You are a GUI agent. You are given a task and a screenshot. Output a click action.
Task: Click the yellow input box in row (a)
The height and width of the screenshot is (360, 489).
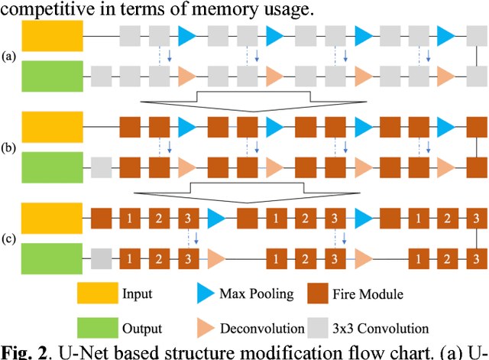(x=52, y=36)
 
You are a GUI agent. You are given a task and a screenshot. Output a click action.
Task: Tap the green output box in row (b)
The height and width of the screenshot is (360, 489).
(x=52, y=166)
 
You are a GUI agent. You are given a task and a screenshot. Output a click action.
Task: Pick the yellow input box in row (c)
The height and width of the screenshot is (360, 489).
(x=52, y=217)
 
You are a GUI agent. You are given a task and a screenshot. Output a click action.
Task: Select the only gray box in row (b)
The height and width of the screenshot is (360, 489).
(x=102, y=166)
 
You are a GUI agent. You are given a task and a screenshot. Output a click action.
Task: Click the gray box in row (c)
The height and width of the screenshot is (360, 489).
(x=102, y=256)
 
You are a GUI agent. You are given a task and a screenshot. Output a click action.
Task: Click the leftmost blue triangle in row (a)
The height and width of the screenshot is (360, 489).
(x=188, y=36)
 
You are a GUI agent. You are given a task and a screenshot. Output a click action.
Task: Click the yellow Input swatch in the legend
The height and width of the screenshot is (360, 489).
(x=97, y=294)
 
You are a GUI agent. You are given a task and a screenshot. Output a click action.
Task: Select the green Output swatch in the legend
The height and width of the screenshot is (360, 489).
(x=97, y=328)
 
